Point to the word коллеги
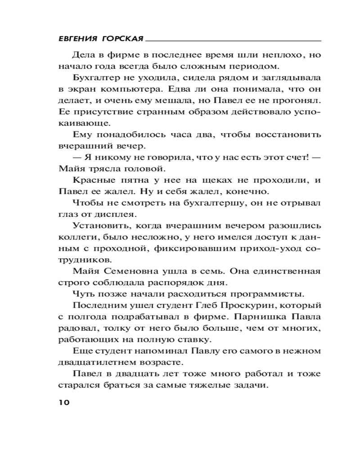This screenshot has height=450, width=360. click(x=75, y=237)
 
